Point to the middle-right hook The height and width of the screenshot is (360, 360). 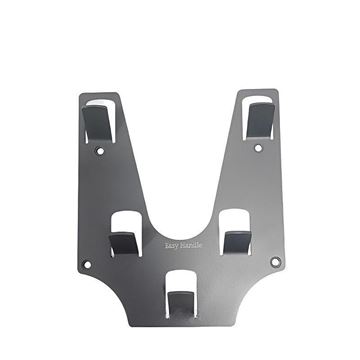tap(236, 240)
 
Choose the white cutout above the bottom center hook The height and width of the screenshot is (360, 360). tap(180, 281)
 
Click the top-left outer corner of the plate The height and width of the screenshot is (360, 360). tap(80, 95)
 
